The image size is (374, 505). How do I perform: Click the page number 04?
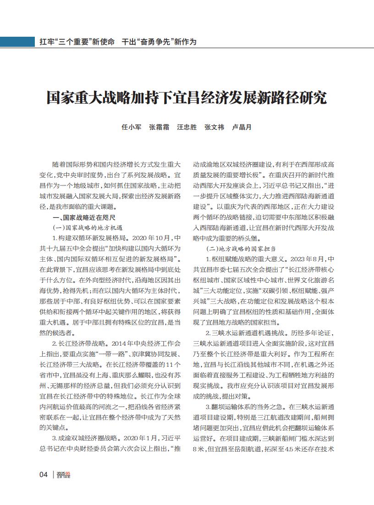(44, 474)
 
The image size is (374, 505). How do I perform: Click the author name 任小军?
(131, 127)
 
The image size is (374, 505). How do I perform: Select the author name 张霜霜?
(159, 127)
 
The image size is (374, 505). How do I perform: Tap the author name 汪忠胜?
(187, 127)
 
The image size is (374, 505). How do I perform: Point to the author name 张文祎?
(214, 127)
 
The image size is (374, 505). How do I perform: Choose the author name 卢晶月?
(242, 127)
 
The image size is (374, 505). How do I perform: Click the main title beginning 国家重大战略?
(187, 98)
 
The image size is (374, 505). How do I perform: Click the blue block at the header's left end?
(16, 42)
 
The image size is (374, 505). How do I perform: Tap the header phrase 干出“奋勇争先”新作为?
(159, 42)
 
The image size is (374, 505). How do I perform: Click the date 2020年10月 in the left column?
(151, 238)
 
